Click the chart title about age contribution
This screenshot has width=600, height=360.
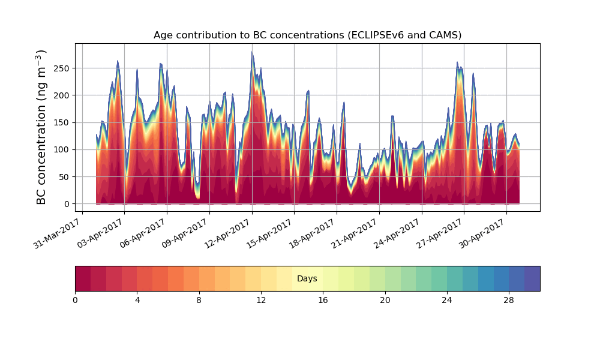[307, 35]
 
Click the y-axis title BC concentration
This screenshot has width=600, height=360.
[41, 127]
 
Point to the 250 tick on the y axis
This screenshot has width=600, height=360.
[62, 68]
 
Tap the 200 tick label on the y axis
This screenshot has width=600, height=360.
[62, 95]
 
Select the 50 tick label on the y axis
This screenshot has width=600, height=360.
[64, 177]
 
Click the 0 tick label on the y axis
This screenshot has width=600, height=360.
[67, 204]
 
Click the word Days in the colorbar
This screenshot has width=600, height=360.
[307, 279]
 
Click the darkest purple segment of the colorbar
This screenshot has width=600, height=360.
[532, 278]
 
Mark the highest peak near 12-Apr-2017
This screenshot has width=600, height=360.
[252, 52]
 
